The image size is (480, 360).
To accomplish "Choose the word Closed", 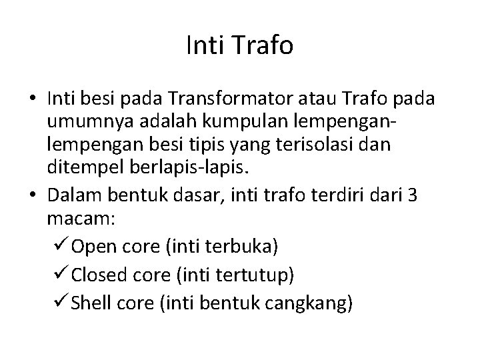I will click(96, 275).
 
